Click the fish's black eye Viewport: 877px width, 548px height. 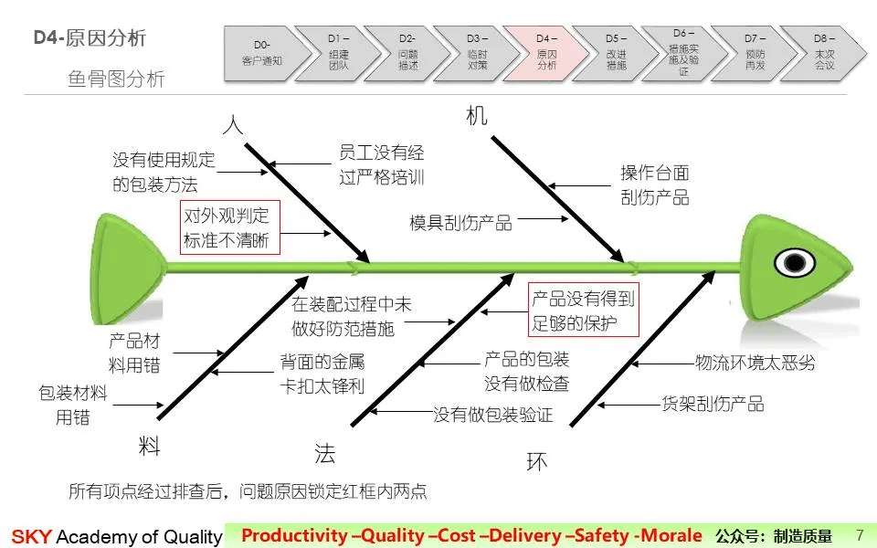pos(794,263)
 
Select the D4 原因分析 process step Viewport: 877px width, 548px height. pos(546,52)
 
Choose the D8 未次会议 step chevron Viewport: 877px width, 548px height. pos(824,52)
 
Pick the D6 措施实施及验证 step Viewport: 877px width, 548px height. pos(683,52)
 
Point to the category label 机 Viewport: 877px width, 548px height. pos(477,116)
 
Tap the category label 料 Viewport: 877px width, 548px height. pos(150,446)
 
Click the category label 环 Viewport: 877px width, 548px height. pos(537,462)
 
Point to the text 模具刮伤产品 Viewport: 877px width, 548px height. pos(460,222)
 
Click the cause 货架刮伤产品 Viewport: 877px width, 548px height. pos(713,403)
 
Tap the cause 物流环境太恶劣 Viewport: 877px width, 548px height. pos(755,363)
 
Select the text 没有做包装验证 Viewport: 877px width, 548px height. pos(493,416)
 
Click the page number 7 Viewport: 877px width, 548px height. pos(858,534)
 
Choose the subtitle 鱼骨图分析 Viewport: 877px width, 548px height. pos(116,79)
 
